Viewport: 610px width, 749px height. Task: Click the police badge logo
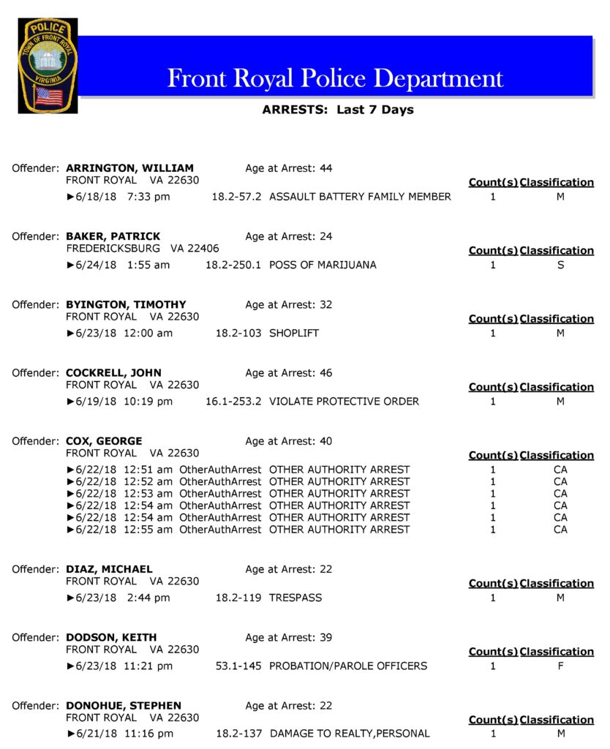tap(48, 66)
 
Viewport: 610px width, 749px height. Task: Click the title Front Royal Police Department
tap(335, 78)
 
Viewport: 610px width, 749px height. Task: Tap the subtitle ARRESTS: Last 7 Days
tap(337, 110)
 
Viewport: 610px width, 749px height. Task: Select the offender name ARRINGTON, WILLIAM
tap(129, 168)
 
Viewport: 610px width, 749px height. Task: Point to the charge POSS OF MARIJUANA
tap(323, 265)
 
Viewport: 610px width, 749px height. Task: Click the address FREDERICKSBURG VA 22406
tap(142, 249)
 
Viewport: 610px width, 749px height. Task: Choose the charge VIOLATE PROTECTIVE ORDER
tap(344, 402)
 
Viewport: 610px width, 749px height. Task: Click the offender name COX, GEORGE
tap(104, 441)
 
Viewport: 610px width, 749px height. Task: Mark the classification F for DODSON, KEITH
tap(560, 666)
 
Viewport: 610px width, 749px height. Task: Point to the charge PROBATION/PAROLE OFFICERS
tap(348, 666)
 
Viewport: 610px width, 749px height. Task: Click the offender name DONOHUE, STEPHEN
tap(125, 706)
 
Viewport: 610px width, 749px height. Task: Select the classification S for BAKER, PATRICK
tap(560, 265)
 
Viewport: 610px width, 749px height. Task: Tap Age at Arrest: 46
tap(288, 373)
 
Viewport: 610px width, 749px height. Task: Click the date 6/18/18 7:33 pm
tap(122, 197)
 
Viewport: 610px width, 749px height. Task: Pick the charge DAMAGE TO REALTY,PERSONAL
tap(350, 734)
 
